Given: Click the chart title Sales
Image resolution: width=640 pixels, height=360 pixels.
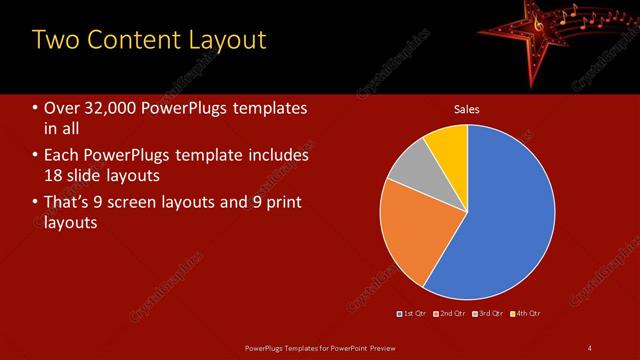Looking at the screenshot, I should (467, 109).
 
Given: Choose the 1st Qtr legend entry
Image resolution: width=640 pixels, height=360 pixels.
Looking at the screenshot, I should (413, 314).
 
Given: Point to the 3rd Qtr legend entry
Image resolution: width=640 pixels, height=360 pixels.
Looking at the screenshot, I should (488, 314).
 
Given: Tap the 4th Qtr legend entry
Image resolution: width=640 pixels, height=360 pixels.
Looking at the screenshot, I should (526, 314).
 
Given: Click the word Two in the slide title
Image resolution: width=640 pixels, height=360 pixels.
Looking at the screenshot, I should (55, 40).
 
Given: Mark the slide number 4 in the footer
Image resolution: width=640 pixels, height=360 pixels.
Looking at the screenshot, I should (590, 348).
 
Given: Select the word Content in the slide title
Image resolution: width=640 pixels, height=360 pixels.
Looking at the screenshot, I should (131, 40).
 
